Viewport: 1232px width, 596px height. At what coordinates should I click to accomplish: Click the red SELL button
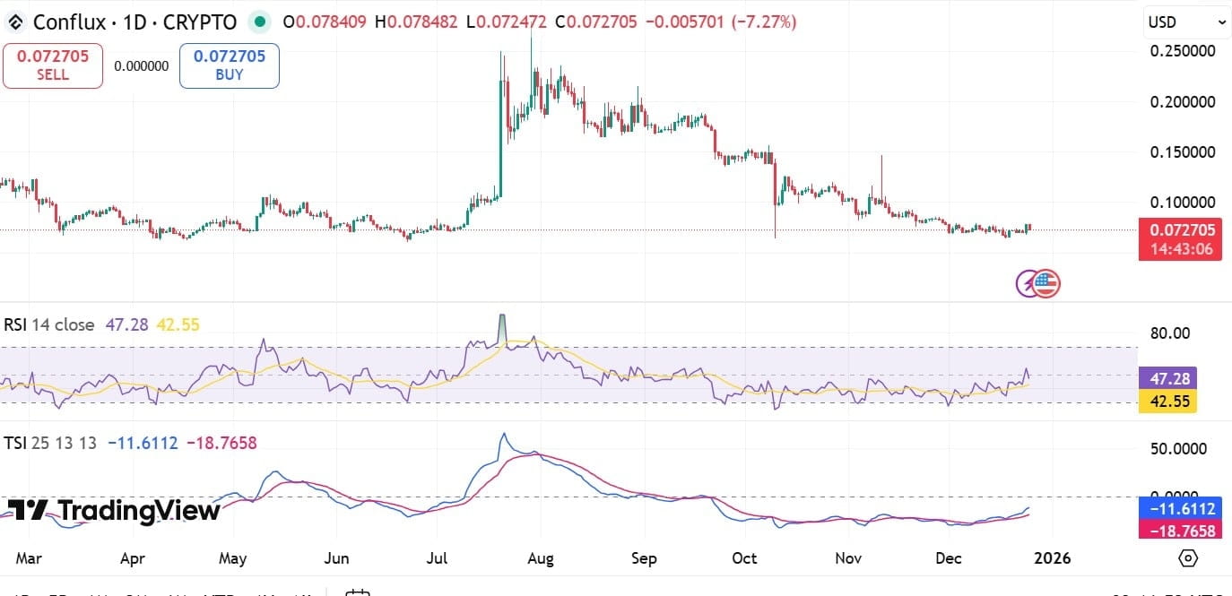[x=53, y=65]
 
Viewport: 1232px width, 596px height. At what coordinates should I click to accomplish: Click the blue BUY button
[x=229, y=65]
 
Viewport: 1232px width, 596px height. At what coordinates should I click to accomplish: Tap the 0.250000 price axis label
[x=1183, y=51]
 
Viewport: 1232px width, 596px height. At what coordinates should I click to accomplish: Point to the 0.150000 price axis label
[x=1183, y=151]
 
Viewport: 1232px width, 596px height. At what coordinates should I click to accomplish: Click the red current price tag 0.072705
[x=1180, y=230]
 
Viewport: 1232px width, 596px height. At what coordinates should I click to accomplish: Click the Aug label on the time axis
[x=541, y=558]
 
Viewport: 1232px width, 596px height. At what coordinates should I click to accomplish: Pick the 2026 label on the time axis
[x=1052, y=558]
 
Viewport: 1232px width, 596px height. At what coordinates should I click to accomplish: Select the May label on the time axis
[x=232, y=558]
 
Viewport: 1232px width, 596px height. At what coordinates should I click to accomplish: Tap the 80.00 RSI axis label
[x=1169, y=333]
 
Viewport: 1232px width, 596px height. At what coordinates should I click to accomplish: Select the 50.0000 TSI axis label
[x=1176, y=448]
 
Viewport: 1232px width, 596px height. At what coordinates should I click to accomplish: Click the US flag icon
[x=1045, y=283]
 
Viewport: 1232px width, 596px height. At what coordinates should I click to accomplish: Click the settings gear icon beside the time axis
[x=1188, y=558]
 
